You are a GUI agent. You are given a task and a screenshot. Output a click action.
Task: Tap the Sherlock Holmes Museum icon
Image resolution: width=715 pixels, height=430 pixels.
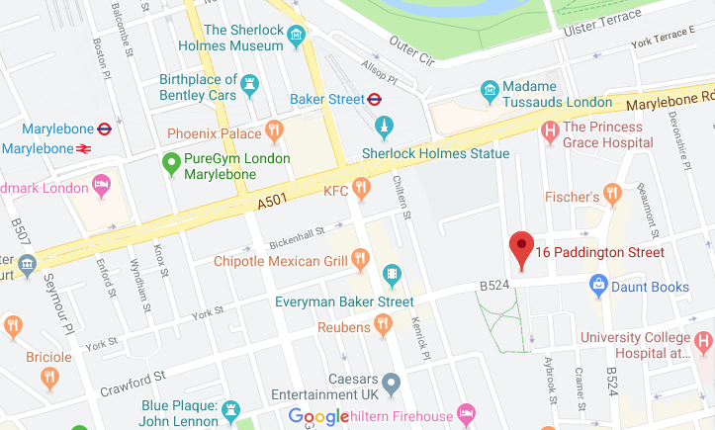point(296,38)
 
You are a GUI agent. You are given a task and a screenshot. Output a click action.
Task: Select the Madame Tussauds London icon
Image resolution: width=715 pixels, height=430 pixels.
point(489,90)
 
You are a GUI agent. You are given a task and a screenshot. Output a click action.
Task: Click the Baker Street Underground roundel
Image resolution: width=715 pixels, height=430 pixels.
point(375,99)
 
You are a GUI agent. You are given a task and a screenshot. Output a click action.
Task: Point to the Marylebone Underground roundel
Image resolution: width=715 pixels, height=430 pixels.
point(105,128)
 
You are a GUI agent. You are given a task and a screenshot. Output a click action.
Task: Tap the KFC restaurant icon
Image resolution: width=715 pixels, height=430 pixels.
point(362,186)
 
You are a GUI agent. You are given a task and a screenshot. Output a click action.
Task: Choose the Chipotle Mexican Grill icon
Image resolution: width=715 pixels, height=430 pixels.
point(360,261)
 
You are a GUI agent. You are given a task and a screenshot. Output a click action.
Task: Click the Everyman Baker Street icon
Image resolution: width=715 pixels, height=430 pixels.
point(393,274)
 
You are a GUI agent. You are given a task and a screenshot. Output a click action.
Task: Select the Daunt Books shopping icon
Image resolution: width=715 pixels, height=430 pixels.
point(598,286)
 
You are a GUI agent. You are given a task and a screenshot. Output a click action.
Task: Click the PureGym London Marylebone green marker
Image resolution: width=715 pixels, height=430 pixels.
point(171,159)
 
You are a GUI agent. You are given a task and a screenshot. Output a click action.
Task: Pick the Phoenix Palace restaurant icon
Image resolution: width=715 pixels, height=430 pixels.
point(274,130)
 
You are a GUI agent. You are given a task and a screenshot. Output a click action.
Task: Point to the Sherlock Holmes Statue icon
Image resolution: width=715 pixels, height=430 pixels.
point(385,127)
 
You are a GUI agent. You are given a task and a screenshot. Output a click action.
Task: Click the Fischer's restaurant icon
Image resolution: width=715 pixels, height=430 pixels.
point(613,194)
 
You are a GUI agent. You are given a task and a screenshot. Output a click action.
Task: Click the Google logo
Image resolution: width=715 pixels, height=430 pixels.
point(318,416)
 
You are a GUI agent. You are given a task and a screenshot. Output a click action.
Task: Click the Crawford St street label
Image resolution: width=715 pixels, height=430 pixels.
point(132,383)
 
